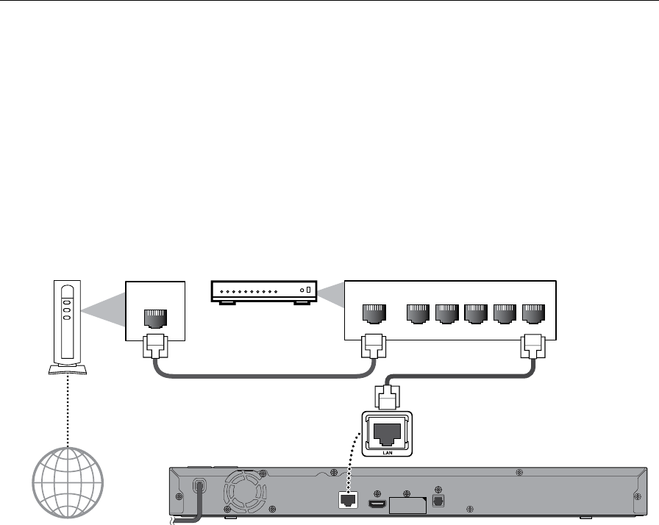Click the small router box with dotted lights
pyautogui.click(x=263, y=292)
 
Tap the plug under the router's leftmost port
pyautogui.click(x=373, y=345)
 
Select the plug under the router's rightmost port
pyautogui.click(x=532, y=345)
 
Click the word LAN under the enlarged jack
pyautogui.click(x=388, y=454)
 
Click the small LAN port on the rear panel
pyautogui.click(x=346, y=499)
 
